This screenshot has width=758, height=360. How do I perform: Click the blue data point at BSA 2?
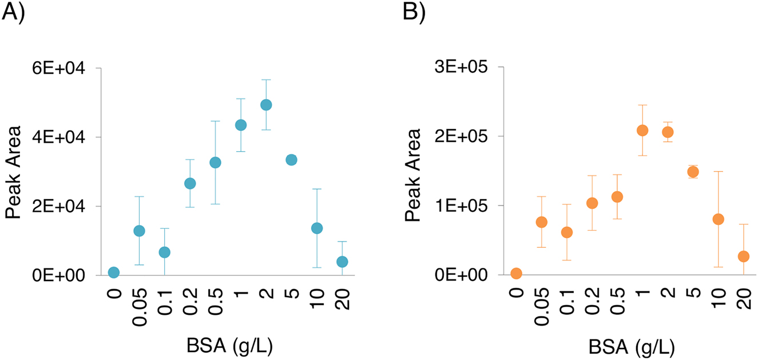coord(266,105)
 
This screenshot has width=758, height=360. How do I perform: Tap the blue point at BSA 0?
coord(114,272)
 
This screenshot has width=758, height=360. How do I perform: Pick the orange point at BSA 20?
coord(744,256)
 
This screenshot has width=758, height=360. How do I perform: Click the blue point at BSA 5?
coord(291,160)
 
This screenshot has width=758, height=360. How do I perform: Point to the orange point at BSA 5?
coord(693,172)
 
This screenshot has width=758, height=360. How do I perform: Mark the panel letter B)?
coord(414,13)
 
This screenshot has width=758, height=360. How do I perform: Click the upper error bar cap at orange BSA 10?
coord(719,171)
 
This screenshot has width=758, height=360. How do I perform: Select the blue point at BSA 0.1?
coord(165,252)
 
